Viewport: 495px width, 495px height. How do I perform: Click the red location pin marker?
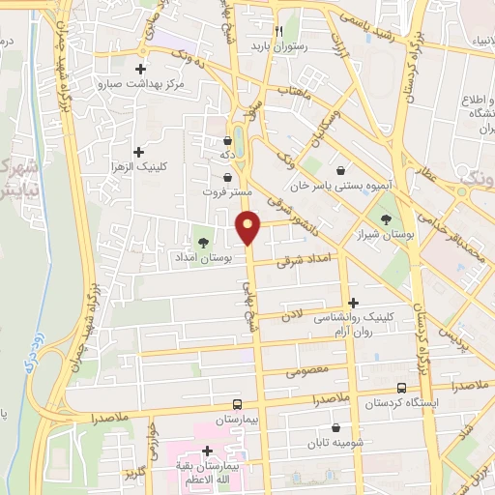click(248, 227)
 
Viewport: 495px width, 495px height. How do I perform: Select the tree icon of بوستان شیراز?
click(388, 218)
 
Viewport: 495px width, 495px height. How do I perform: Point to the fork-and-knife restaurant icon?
click(279, 30)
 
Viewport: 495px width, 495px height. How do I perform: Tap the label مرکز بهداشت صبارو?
click(140, 84)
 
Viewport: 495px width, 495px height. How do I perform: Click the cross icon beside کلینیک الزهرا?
click(140, 151)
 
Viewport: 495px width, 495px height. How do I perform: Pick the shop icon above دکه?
click(227, 140)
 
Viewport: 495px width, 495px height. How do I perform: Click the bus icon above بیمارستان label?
click(238, 406)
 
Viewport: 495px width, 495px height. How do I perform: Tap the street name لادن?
click(292, 316)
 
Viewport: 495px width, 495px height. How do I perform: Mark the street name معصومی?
click(308, 368)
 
